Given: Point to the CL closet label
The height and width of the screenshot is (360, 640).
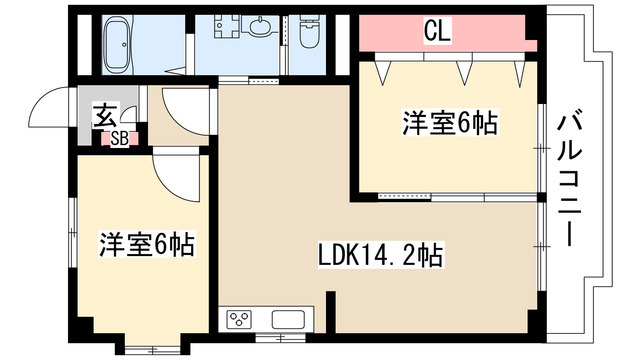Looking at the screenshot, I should coord(437,32).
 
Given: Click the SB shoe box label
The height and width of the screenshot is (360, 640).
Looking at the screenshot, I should coord(119,139).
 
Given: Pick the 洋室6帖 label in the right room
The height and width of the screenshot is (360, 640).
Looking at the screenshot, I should coord(450,124).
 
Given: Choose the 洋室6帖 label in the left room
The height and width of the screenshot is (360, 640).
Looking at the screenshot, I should coord(145,243).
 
